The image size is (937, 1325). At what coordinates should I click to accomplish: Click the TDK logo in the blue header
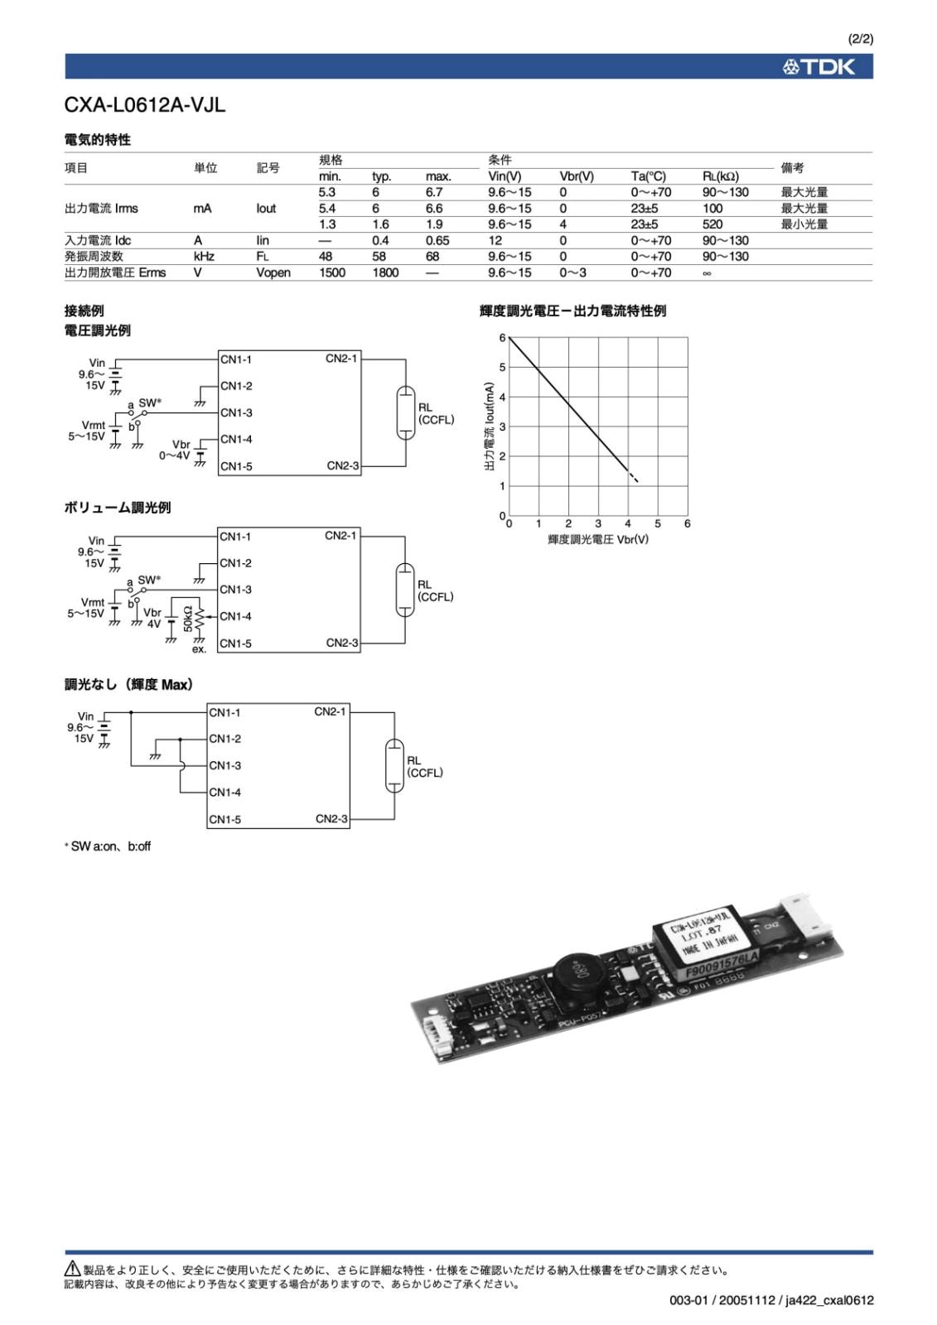819,67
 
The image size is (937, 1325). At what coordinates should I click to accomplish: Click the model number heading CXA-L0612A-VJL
145,105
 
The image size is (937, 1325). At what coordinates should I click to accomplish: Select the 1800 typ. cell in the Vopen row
385,272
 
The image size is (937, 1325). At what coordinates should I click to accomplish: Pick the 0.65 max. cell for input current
437,241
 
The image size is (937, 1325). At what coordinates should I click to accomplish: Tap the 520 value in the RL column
712,224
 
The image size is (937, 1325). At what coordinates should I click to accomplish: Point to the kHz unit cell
204,257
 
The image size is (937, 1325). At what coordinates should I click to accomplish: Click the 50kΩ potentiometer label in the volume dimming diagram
188,619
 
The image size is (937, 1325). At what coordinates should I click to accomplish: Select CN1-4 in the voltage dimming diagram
236,440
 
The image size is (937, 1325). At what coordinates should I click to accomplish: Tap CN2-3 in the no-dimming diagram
331,819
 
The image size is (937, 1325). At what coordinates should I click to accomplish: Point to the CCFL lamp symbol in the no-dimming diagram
394,766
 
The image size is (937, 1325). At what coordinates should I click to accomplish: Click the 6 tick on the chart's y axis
502,338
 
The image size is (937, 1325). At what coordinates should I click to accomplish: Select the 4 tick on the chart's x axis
628,523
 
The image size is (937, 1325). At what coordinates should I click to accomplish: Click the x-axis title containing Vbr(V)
597,539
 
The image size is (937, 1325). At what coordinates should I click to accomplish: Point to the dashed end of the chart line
634,477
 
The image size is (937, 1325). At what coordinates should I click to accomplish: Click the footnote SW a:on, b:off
109,846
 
